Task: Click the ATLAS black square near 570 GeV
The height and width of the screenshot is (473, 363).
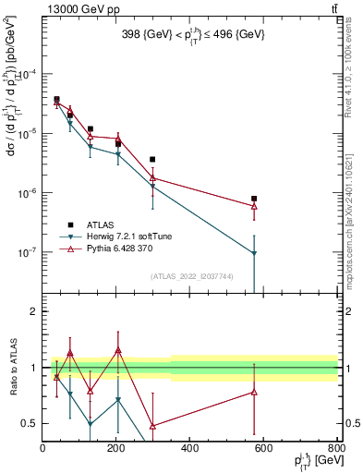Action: click(254, 199)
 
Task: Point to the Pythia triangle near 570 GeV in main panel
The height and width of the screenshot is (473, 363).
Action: click(254, 206)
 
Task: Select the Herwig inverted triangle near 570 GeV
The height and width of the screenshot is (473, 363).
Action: click(254, 253)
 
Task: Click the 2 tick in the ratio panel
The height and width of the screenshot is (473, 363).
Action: click(33, 312)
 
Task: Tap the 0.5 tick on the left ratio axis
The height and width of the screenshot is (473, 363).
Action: click(30, 424)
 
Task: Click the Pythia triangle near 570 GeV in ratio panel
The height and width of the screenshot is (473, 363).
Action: click(254, 393)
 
